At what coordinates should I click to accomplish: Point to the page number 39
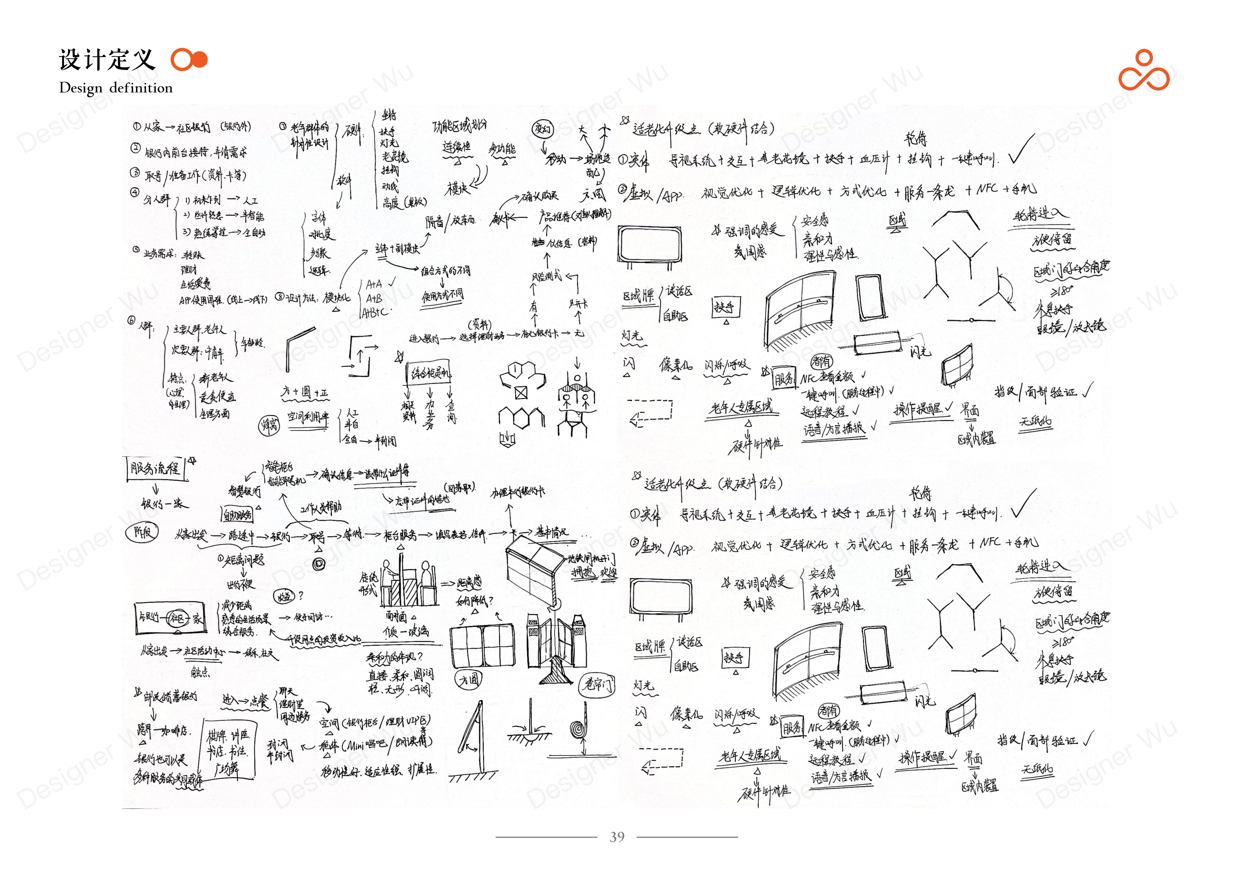(616, 837)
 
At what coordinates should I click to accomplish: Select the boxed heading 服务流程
(155, 469)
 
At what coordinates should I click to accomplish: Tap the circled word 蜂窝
(270, 425)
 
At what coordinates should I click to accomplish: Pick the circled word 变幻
(542, 129)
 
